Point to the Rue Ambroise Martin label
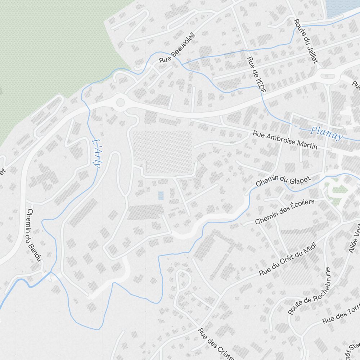[x=285, y=140]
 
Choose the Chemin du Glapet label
[x=283, y=178]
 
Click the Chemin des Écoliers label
[x=284, y=211]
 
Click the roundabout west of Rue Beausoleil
[x=120, y=103]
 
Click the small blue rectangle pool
[x=161, y=195]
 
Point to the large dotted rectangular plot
[x=163, y=151]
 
